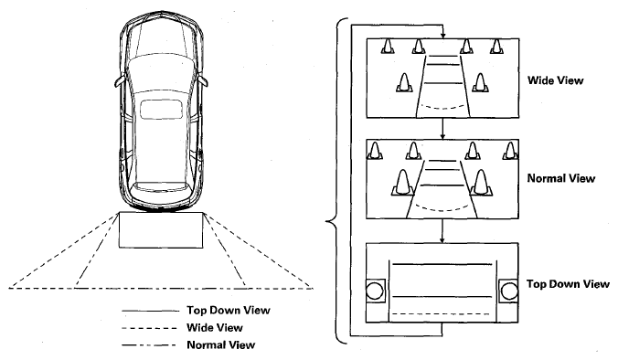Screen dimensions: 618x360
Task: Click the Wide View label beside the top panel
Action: click(x=555, y=80)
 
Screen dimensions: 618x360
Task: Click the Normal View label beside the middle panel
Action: click(x=560, y=178)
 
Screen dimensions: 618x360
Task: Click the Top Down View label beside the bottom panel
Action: click(x=568, y=284)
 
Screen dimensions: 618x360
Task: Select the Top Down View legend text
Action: click(x=229, y=311)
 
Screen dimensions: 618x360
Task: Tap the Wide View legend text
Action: click(x=215, y=328)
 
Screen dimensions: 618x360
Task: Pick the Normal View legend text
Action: click(x=220, y=345)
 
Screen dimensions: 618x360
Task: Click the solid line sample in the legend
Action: click(x=150, y=312)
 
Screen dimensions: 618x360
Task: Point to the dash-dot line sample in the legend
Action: click(x=149, y=345)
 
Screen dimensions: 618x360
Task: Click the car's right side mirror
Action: click(x=203, y=80)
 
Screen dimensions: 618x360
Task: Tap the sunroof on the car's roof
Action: click(x=162, y=109)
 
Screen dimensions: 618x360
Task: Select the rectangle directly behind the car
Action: click(x=161, y=230)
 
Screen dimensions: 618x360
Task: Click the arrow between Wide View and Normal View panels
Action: click(x=442, y=129)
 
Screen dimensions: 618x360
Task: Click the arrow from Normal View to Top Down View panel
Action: click(x=442, y=231)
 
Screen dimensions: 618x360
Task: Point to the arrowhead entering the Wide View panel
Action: click(x=443, y=36)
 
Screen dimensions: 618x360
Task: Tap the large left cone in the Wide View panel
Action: click(x=403, y=83)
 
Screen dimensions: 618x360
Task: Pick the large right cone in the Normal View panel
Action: click(x=481, y=183)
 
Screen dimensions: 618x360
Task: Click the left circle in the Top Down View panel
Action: click(x=375, y=291)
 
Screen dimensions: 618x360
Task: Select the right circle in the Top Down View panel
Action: click(x=509, y=291)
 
